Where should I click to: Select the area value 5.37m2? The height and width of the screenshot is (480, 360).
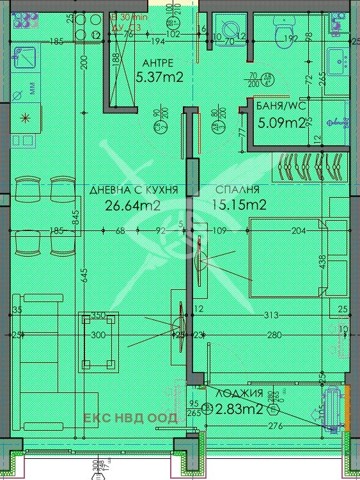(x=160, y=77)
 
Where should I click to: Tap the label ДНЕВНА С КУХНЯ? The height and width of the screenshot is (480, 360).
(x=133, y=190)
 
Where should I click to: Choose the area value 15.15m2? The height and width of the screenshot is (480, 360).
(x=238, y=205)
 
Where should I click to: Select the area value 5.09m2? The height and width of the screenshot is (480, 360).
(x=280, y=122)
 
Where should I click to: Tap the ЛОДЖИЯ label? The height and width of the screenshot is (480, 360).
(x=239, y=394)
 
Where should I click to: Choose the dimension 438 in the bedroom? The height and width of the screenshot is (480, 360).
(x=322, y=262)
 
